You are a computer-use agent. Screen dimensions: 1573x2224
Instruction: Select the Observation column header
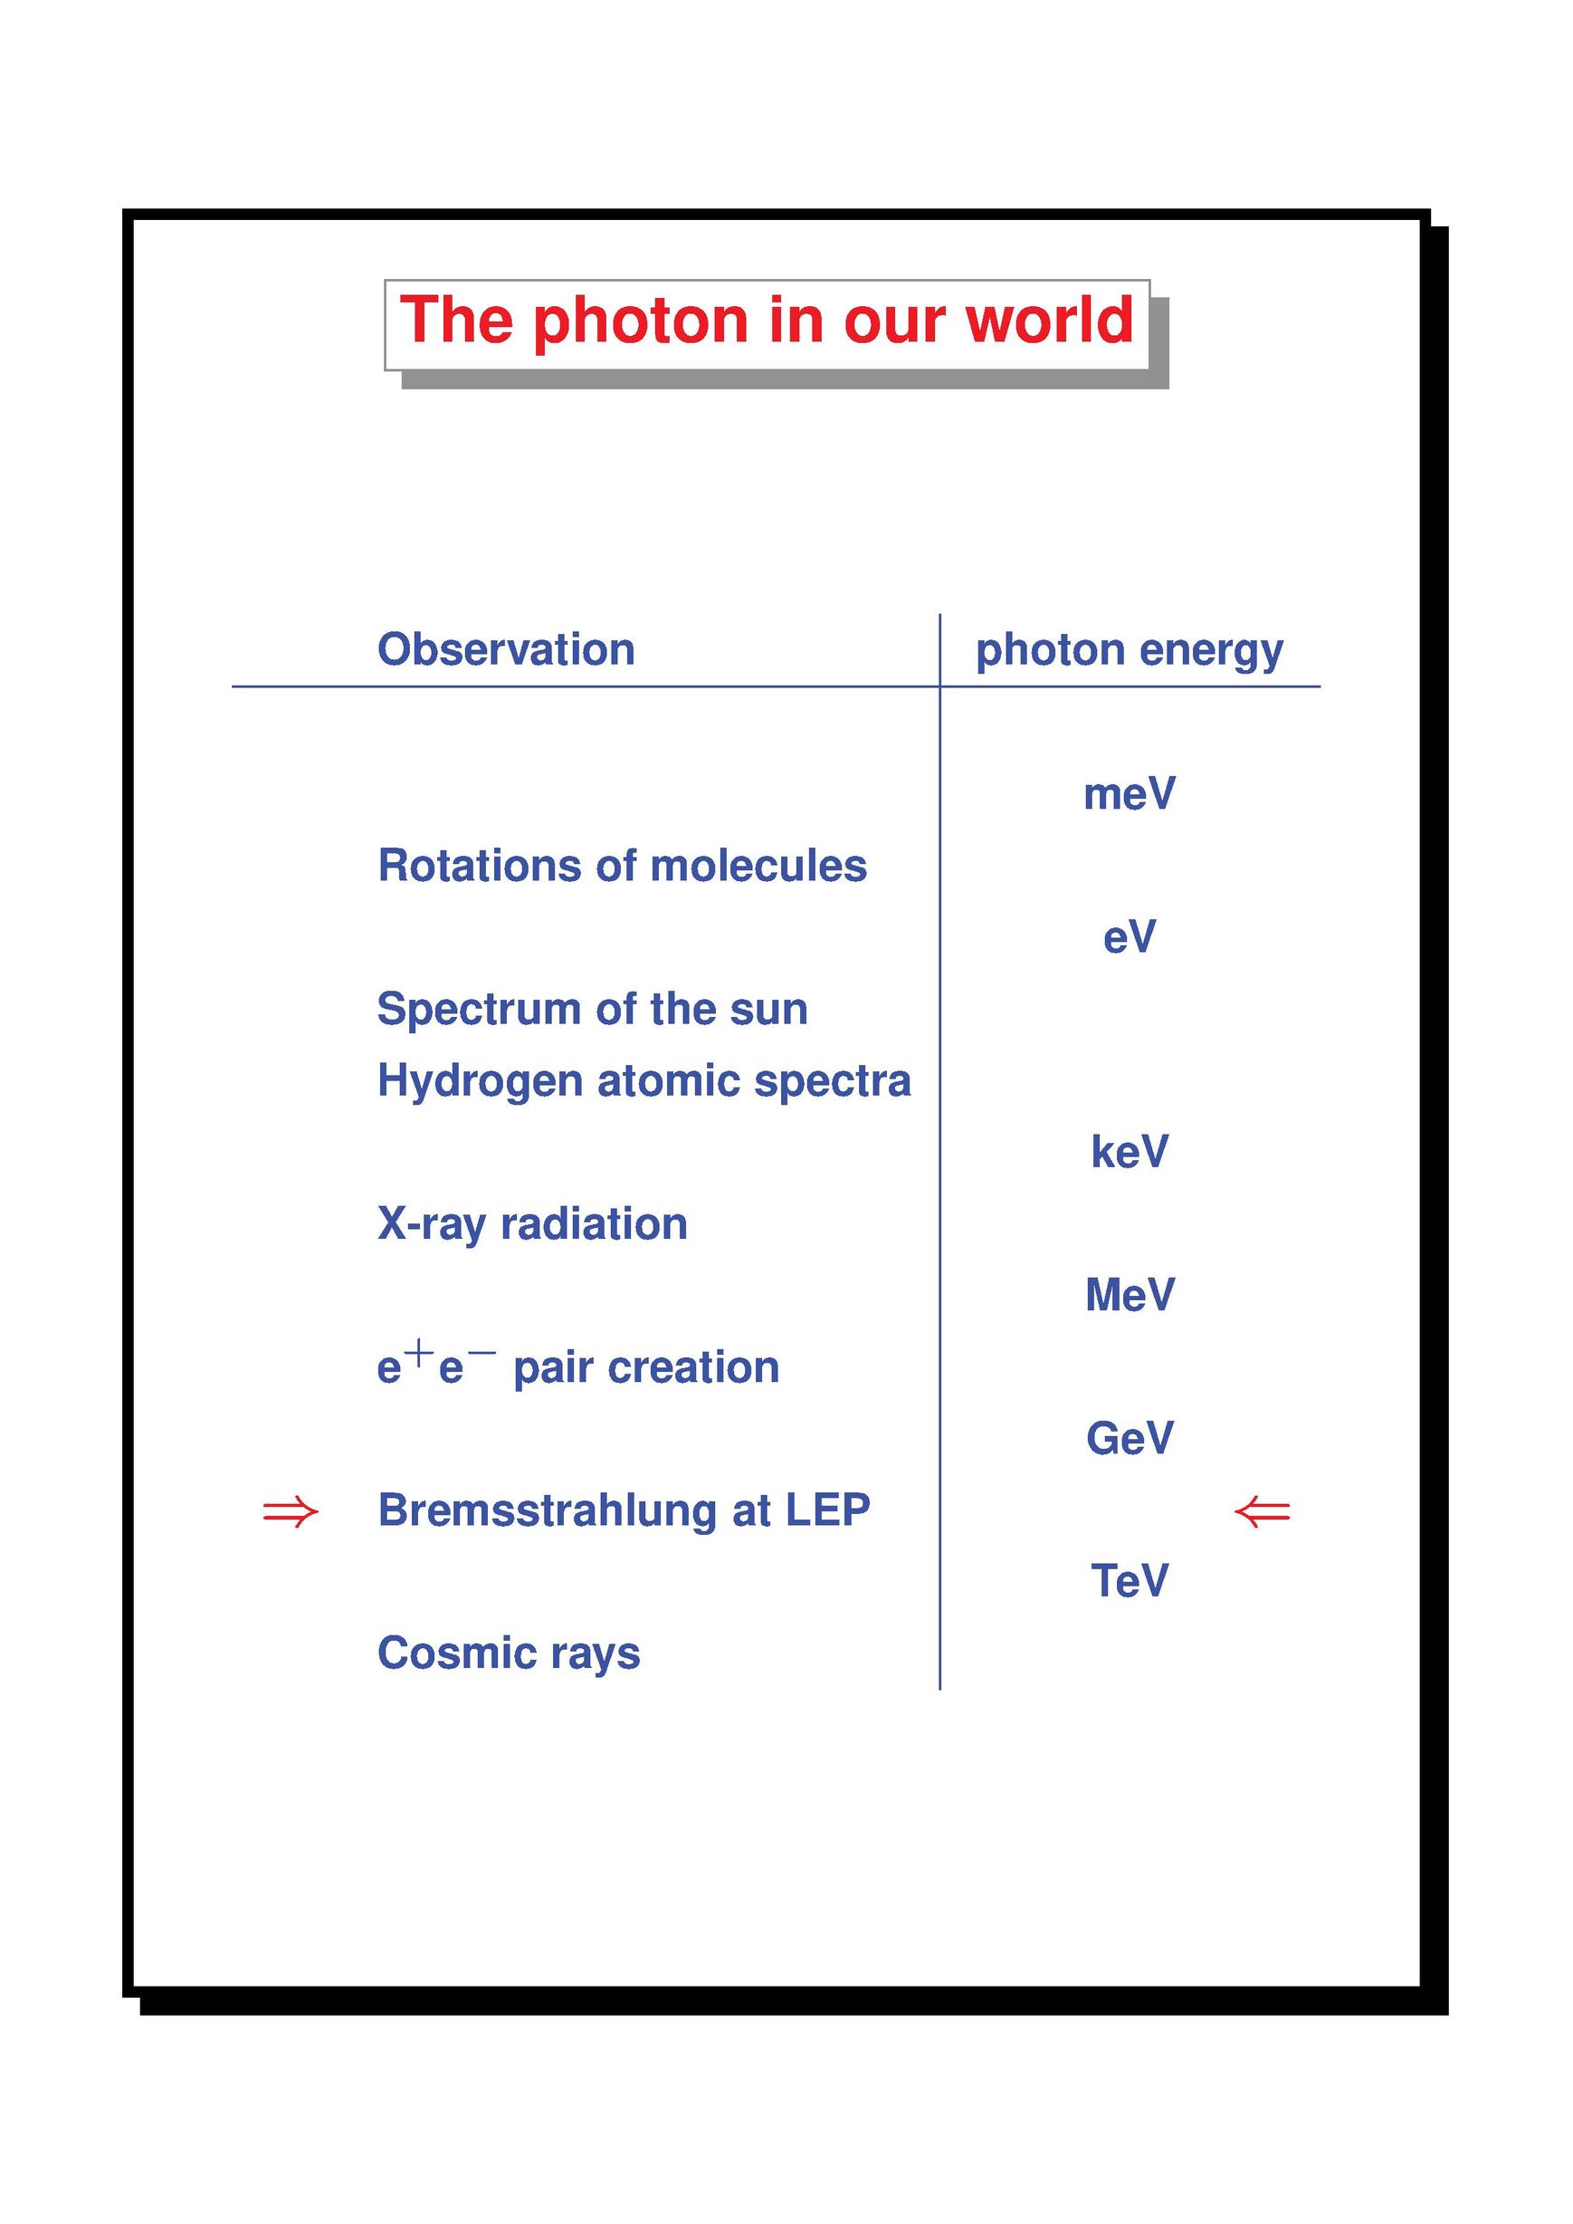506,649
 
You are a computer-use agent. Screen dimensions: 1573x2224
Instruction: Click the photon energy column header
1130,651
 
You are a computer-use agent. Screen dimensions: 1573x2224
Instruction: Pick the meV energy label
1130,793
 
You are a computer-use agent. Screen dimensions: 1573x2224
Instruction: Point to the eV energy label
1130,937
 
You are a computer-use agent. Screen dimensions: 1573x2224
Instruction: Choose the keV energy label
1130,1151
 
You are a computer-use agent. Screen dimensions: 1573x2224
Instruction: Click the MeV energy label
1130,1295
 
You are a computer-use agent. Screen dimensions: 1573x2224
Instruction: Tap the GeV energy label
1130,1438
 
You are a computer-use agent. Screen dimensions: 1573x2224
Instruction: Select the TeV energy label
1130,1580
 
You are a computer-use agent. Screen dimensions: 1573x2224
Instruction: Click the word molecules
758,866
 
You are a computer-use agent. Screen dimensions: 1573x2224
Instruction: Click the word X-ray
432,1225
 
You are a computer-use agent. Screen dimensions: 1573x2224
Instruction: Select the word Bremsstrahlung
548,1510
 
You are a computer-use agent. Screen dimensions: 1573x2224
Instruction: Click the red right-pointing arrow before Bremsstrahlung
291,1511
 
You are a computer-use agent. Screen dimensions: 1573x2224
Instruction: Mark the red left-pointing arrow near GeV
1262,1511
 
